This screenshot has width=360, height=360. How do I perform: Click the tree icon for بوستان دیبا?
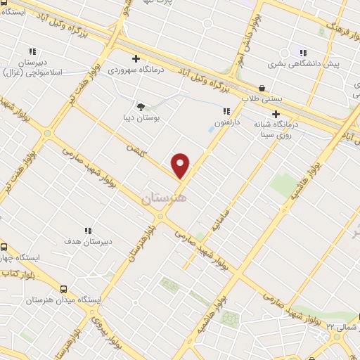click(141, 108)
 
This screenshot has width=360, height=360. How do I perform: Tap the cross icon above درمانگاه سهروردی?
click(136, 59)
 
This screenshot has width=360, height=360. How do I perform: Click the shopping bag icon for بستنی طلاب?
click(262, 89)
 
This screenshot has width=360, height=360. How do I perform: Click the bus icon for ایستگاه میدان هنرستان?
click(64, 288)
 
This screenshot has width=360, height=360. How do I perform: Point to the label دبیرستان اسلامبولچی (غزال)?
click(32, 67)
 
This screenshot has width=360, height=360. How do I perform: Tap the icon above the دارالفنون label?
click(226, 110)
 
